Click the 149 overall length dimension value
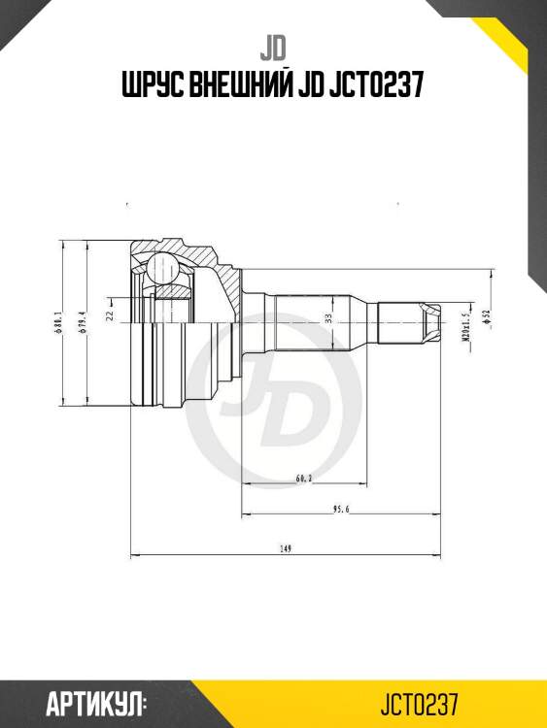point(286,549)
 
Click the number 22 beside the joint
point(111,315)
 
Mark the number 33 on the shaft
point(328,317)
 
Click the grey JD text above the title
point(272,47)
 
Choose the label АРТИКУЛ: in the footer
point(95,702)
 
